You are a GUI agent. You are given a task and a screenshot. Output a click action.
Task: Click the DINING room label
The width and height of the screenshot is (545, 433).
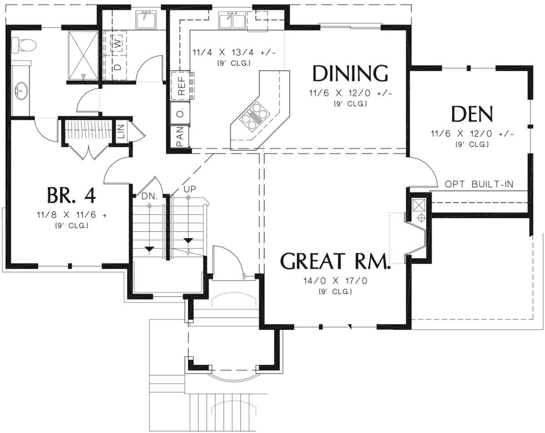[350, 73]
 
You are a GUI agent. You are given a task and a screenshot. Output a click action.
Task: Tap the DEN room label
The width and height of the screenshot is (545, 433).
[472, 114]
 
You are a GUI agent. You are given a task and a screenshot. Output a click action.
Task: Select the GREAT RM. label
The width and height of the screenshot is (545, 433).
[335, 261]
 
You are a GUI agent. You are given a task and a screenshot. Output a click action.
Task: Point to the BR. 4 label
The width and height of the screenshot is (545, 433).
[71, 195]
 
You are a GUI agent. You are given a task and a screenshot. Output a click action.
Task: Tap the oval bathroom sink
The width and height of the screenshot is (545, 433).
[21, 91]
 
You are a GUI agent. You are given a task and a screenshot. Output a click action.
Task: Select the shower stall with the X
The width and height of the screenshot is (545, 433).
[83, 55]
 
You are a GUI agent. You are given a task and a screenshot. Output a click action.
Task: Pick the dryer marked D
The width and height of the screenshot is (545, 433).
[117, 67]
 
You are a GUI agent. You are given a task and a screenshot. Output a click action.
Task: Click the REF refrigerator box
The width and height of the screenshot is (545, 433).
[181, 85]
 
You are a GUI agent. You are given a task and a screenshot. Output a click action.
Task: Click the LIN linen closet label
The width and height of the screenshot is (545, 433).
[121, 131]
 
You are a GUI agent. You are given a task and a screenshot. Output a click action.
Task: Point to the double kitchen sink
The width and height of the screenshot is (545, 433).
[232, 20]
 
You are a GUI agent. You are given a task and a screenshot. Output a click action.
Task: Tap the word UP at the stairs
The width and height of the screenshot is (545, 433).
[190, 189]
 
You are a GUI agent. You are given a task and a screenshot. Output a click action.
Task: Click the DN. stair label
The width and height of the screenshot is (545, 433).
[149, 196]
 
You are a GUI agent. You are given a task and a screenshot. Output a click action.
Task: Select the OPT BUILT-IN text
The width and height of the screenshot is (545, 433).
[479, 184]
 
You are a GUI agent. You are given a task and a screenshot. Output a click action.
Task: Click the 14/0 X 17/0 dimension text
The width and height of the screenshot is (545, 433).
[335, 281]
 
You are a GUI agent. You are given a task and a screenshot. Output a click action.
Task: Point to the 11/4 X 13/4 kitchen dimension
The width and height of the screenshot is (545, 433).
[234, 53]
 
